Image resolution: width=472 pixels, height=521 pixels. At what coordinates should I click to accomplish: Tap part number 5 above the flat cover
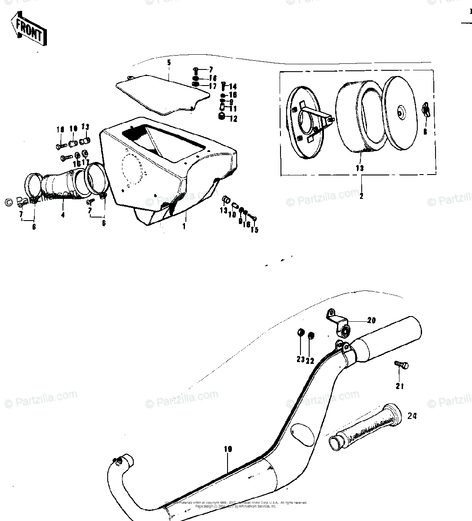point(169,63)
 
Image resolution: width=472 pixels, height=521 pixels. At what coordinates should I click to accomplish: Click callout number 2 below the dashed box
point(361,196)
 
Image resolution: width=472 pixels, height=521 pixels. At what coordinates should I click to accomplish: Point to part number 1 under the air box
point(184,226)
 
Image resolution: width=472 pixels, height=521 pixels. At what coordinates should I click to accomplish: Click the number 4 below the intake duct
point(63,214)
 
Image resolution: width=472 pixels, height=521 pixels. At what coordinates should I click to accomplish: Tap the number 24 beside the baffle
point(412,416)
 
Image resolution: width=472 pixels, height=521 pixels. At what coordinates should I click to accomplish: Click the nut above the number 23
point(300,333)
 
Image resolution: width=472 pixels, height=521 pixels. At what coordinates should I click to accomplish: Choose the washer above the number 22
point(310,335)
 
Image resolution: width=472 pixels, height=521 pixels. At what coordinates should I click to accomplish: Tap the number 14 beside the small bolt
point(233,86)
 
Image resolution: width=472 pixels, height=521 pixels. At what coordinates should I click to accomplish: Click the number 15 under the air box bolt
point(254,229)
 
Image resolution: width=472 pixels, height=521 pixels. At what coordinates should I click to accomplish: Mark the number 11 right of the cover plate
point(233,109)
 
